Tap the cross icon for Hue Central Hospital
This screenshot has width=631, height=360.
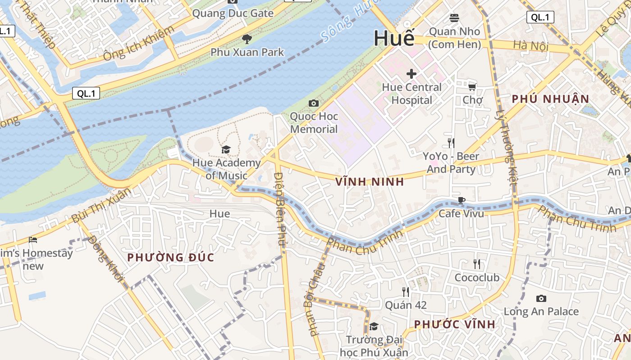pos(411,73)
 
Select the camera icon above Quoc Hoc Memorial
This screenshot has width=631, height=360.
pos(314,103)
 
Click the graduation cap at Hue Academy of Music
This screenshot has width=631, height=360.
pos(226,149)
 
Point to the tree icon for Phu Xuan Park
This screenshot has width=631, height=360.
pos(247,39)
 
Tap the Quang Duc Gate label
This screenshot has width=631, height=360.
pos(233,13)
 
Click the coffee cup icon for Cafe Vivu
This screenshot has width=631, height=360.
pos(461,200)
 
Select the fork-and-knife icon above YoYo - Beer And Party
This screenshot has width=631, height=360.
pos(451,143)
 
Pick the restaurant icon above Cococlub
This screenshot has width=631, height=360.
pos(476,264)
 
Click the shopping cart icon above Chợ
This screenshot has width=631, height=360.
pos(472,87)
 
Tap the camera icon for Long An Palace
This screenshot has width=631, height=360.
pos(541,298)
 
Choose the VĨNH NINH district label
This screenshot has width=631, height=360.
pos(370,182)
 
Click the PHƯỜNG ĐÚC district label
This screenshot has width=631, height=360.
pos(170,257)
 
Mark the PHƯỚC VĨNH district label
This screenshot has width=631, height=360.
pos(454,324)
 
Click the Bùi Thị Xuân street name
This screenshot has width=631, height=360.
pos(101,206)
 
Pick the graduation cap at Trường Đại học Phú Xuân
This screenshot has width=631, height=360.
pos(374,326)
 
